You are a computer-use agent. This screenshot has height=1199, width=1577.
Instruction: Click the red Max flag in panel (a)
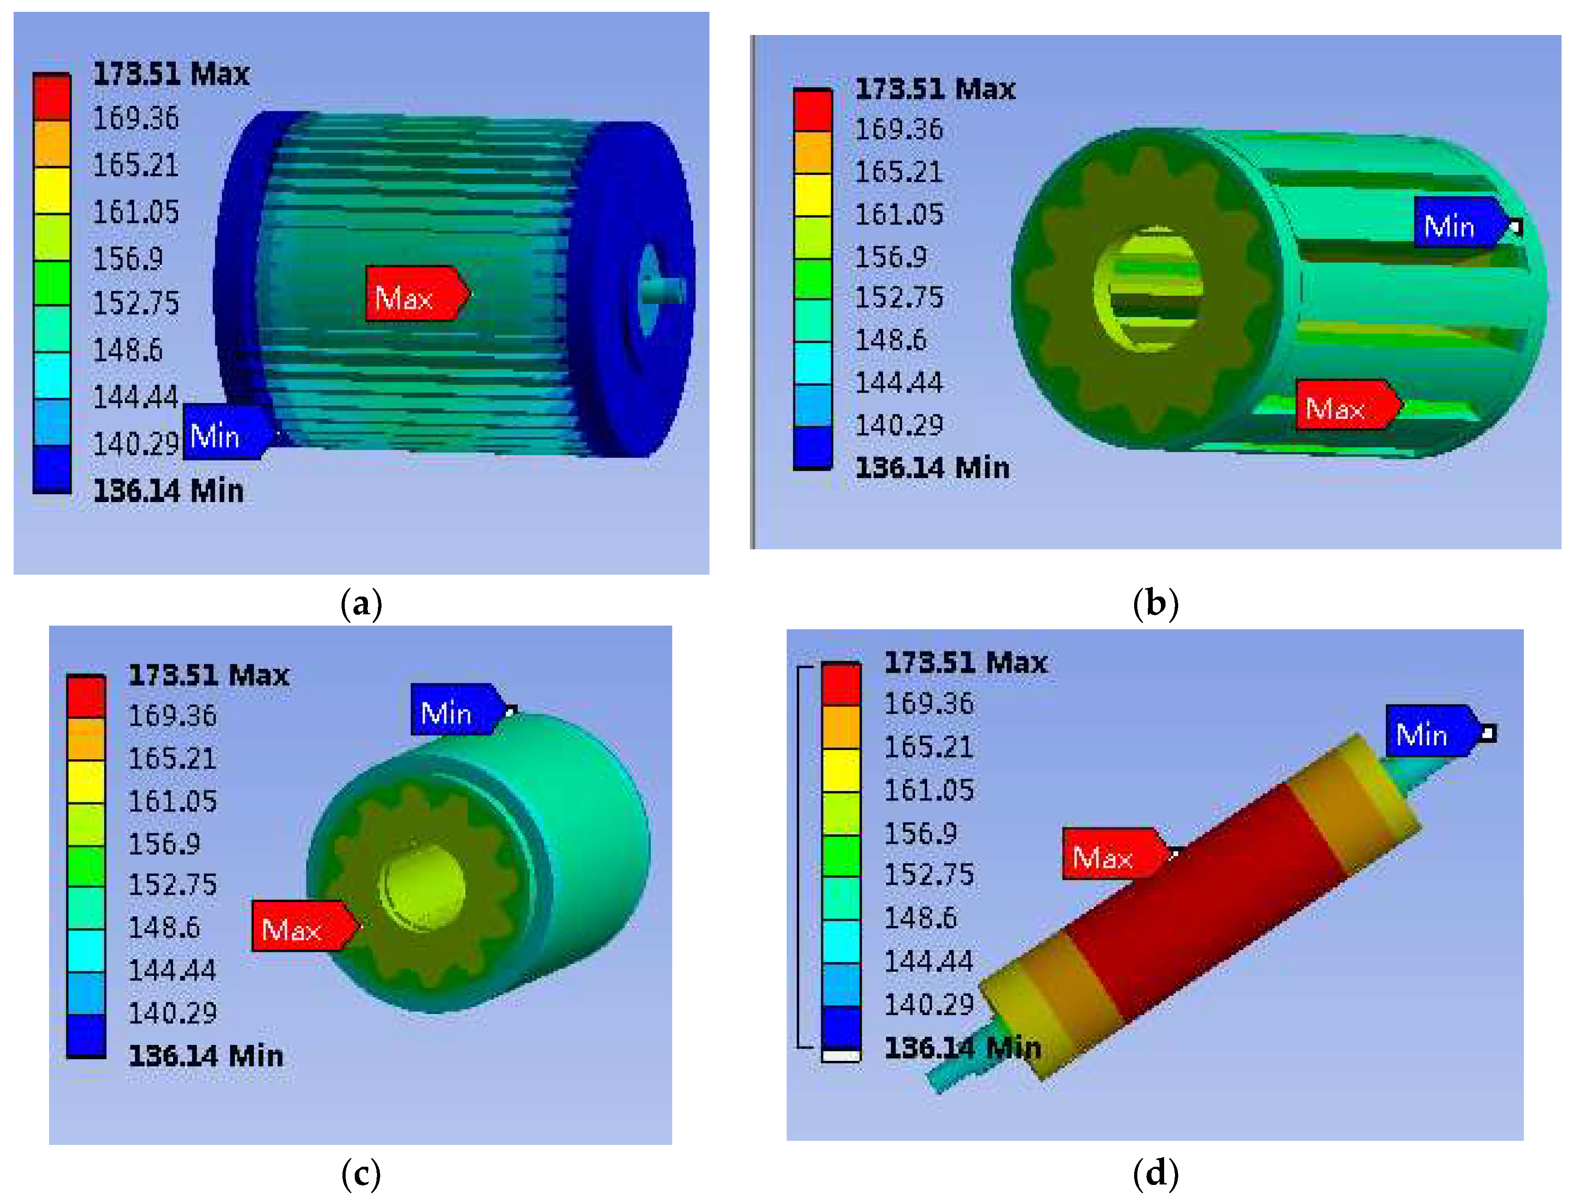pyautogui.click(x=417, y=294)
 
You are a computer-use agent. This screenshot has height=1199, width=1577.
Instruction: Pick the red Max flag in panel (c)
pyautogui.click(x=305, y=925)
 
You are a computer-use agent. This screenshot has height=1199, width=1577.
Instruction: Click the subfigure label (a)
pyautogui.click(x=361, y=604)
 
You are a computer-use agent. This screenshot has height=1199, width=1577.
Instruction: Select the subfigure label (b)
pyautogui.click(x=1155, y=604)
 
